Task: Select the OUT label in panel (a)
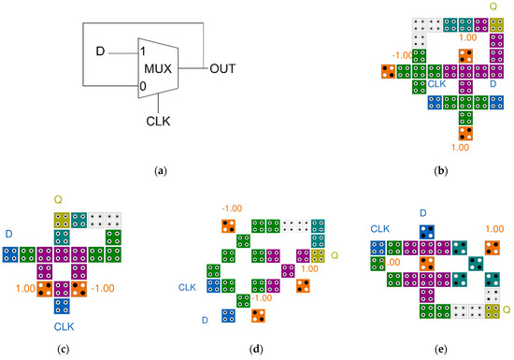pyautogui.click(x=223, y=68)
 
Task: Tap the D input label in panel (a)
pyautogui.click(x=100, y=50)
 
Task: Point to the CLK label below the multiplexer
pyautogui.click(x=159, y=121)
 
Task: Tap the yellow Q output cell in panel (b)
pyautogui.click(x=495, y=24)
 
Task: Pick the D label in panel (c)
pyautogui.click(x=9, y=232)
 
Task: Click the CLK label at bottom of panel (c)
pyautogui.click(x=62, y=326)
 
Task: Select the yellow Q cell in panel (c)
pyautogui.click(x=62, y=220)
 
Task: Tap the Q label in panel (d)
pyautogui.click(x=334, y=253)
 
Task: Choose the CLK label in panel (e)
pyautogui.click(x=380, y=228)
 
